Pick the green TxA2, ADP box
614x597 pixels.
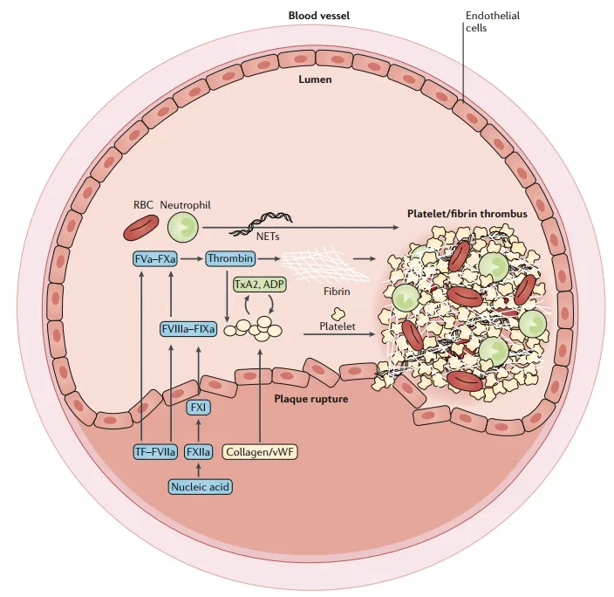(x=258, y=285)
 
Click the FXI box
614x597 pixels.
(x=200, y=407)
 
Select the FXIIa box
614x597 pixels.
(x=200, y=452)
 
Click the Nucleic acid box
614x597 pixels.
(x=200, y=485)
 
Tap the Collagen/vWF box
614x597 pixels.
(x=260, y=452)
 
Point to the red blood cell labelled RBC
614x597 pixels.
(x=139, y=229)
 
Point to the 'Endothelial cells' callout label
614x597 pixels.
(x=487, y=21)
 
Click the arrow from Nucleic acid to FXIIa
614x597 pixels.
(x=200, y=469)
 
